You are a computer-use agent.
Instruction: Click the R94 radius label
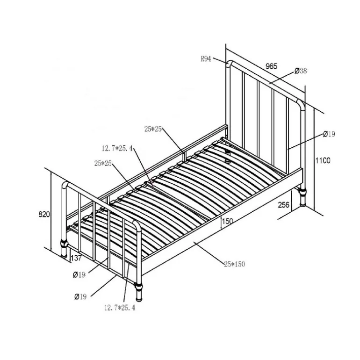[x=206, y=59]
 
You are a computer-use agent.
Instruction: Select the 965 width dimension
[x=272, y=66]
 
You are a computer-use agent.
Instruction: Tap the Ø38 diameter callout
[x=301, y=71]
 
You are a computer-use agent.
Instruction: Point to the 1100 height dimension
[x=323, y=160]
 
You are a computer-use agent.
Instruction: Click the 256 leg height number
[x=283, y=205]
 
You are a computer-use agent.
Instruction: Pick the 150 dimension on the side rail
[x=228, y=221]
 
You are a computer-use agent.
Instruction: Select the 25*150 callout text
[x=234, y=265]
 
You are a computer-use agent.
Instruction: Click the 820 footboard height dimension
[x=44, y=214]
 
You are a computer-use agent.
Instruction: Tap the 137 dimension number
[x=76, y=258]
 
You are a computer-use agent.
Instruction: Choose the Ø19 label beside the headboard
[x=329, y=135]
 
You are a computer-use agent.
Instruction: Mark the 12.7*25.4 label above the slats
[x=117, y=148]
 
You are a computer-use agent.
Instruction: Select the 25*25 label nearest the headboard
[x=153, y=129]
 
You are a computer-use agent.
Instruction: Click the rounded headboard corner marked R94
[x=230, y=64]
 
